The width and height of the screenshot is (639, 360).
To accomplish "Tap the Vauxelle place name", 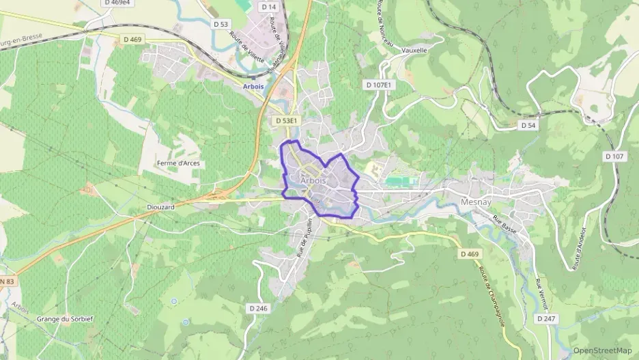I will (414, 50).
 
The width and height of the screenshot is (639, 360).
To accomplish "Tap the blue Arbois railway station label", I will (253, 87).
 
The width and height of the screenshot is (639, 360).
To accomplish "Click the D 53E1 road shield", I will (287, 120).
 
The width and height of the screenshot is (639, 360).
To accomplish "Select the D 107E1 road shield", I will (378, 85).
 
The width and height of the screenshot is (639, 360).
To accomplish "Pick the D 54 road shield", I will (527, 125).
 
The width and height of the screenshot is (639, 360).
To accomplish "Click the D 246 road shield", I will (259, 308).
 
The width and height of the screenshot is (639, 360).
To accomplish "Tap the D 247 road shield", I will (545, 318).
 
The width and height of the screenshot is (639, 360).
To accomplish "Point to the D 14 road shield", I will (269, 7).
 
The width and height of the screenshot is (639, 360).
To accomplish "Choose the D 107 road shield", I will (614, 156).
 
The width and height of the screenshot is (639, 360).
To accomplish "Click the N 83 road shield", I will (6, 281).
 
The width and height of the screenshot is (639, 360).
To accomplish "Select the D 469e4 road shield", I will (117, 3).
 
